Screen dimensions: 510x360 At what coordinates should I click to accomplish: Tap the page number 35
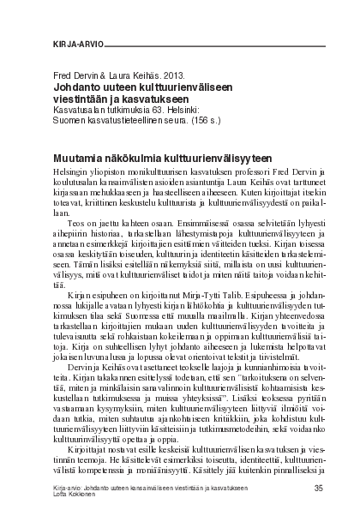click(x=319, y=487)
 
